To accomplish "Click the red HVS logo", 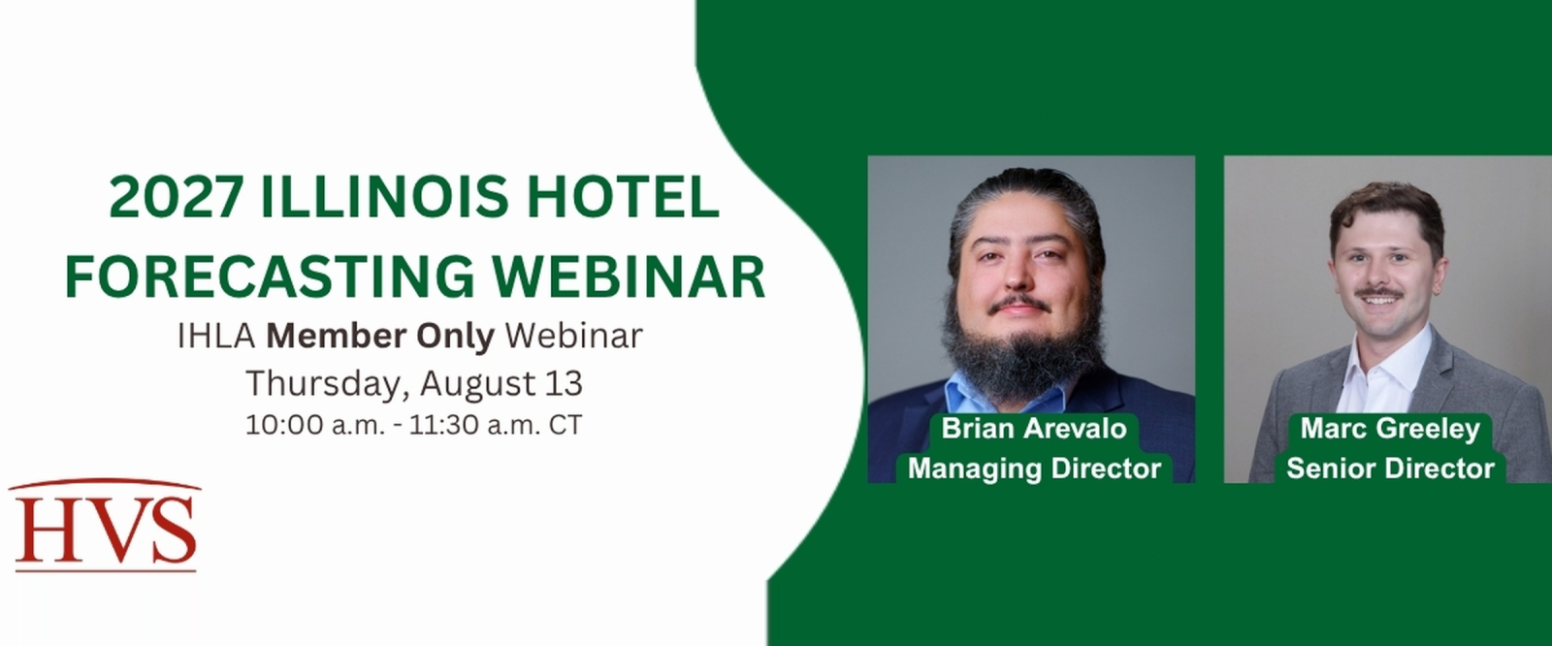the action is pos(105,525).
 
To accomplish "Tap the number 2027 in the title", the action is pos(176,197).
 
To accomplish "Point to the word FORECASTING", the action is pos(270,276).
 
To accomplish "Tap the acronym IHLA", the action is pos(217,337).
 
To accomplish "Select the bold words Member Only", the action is pos(380,337).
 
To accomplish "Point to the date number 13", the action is pos(564,384).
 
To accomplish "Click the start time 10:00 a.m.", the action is pos(314,425).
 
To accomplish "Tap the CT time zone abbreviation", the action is pos(566,425).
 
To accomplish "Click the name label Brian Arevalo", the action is pos(1034,429).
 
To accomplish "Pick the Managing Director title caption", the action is pos(1034,468).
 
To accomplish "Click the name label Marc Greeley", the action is pos(1390,429).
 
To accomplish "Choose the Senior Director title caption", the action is pos(1390,468).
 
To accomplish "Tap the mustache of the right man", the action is pos(1378,294).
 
